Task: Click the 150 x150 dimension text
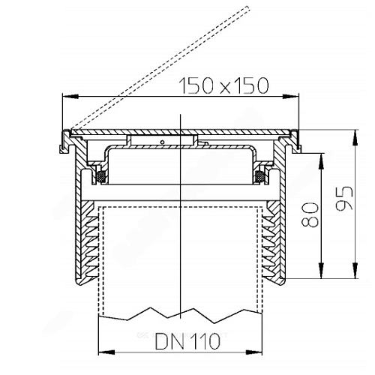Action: [x=224, y=85]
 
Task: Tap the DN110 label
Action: [x=187, y=341]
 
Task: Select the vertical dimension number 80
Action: [x=310, y=214]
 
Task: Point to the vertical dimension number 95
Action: [x=344, y=198]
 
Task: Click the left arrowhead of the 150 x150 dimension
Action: [x=70, y=97]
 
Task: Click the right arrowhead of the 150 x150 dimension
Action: [x=291, y=97]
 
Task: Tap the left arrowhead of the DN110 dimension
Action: [x=106, y=352]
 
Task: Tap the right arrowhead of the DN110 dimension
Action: [x=254, y=352]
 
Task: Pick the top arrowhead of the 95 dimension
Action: [x=355, y=137]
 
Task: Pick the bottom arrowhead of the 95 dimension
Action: [x=355, y=271]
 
